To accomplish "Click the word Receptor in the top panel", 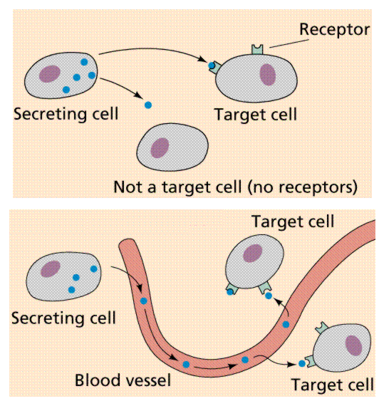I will pos(334,29).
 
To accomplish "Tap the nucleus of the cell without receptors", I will pos(160,147).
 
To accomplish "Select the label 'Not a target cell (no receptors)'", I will pos(234,187).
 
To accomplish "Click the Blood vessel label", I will pos(123,380).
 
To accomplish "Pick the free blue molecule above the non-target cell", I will pos(148,105).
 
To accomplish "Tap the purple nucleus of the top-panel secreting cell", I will pos(49,73).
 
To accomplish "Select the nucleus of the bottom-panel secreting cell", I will pos(50,269).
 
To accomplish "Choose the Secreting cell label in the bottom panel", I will pos(63,318).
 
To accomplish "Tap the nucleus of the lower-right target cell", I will pos(353,345).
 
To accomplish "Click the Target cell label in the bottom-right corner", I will pos(332,385).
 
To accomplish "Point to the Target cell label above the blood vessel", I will pos(293,221).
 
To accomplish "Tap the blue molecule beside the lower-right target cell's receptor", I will pos(301,363).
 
